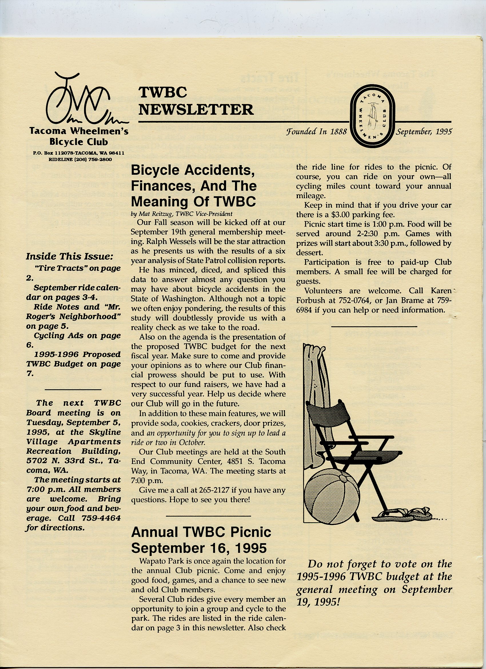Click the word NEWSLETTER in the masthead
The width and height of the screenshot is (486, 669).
196,110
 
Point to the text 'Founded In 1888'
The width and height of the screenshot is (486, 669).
316,132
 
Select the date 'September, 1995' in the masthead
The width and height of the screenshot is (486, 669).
423,132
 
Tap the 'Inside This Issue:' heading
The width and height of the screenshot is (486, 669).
69,256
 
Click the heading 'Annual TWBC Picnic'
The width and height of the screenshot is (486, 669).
201,532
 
